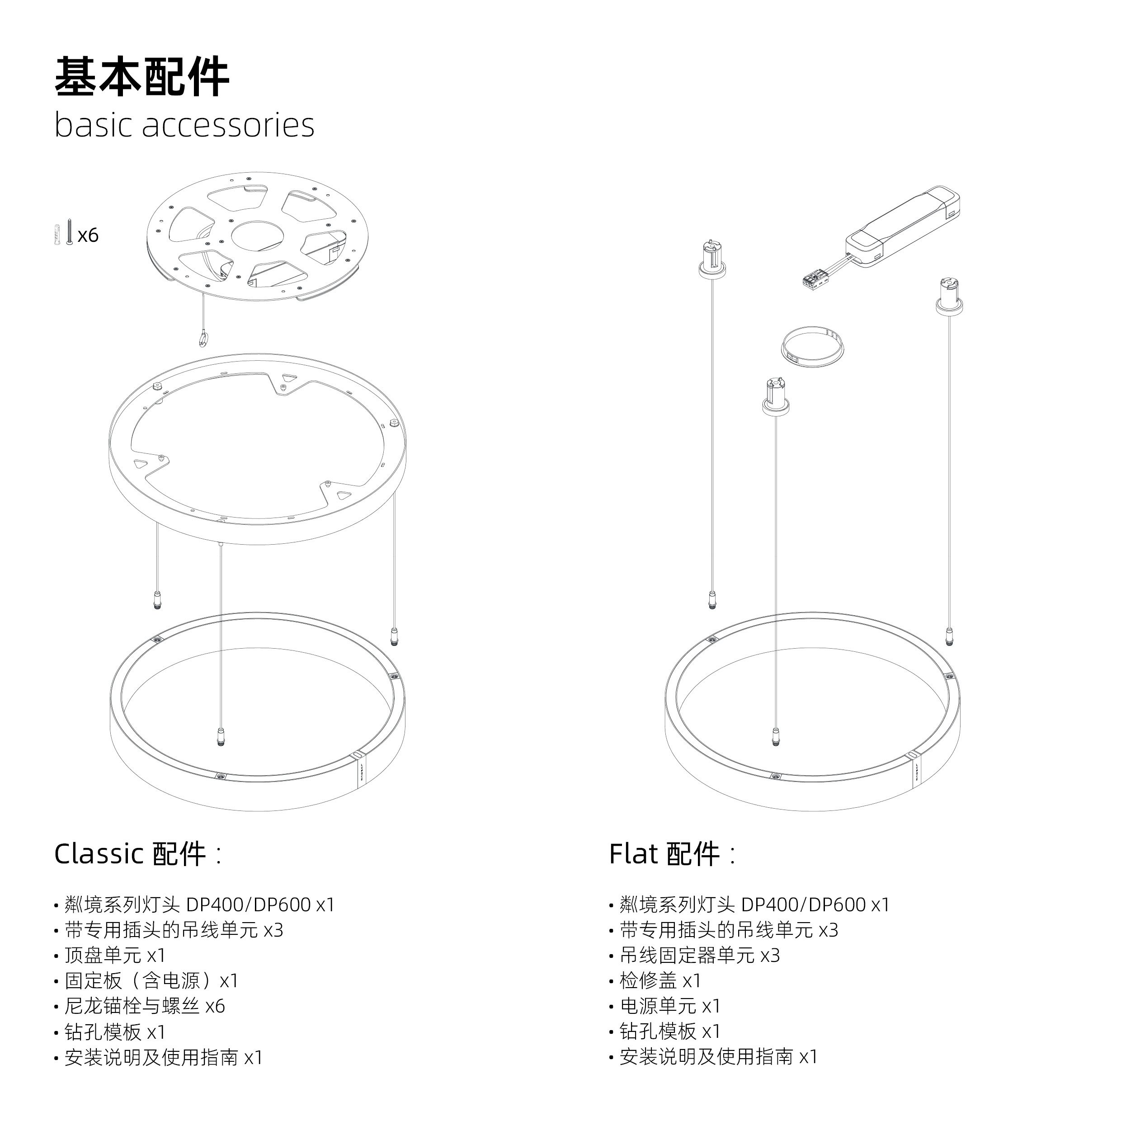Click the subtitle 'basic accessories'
(184, 125)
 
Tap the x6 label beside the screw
(88, 236)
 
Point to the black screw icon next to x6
(69, 232)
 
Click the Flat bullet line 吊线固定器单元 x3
(700, 955)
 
